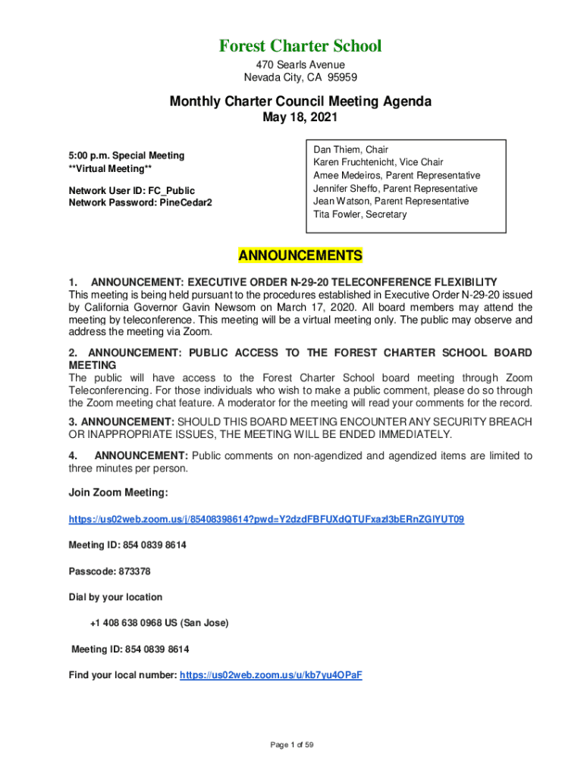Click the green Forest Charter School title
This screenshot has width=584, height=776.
pyautogui.click(x=300, y=46)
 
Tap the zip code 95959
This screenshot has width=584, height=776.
pyautogui.click(x=341, y=77)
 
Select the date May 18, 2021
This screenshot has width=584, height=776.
pyautogui.click(x=300, y=117)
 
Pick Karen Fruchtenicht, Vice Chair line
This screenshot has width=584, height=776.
pyautogui.click(x=378, y=163)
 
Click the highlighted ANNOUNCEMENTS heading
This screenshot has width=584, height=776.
pyautogui.click(x=300, y=255)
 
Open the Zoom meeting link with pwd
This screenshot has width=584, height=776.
pyautogui.click(x=266, y=519)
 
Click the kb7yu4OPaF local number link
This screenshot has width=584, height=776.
pyautogui.click(x=271, y=674)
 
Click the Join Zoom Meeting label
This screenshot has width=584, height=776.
pyautogui.click(x=118, y=493)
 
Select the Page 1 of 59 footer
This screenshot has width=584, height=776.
pyautogui.click(x=292, y=745)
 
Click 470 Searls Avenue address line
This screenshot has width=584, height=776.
pyautogui.click(x=300, y=64)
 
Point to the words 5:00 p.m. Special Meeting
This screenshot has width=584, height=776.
pyautogui.click(x=126, y=155)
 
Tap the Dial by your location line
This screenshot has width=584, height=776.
pyautogui.click(x=115, y=597)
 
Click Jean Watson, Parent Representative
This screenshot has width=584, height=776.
pyautogui.click(x=391, y=202)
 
